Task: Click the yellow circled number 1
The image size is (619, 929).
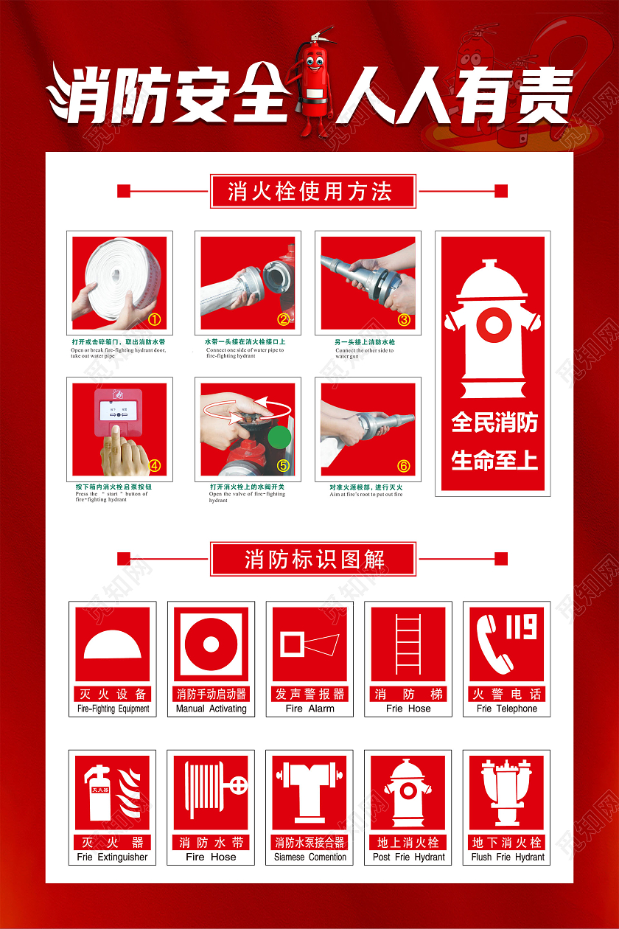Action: (154, 319)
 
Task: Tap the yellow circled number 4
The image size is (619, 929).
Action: (154, 465)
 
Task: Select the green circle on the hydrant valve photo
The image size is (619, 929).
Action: (280, 438)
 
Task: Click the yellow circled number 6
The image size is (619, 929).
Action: (403, 466)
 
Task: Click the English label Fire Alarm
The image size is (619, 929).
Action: (309, 709)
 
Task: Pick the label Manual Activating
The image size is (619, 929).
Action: (211, 709)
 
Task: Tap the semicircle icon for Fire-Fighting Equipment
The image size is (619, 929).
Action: (112, 643)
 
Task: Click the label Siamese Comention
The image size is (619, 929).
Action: (309, 857)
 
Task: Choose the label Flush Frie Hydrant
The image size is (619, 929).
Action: (507, 857)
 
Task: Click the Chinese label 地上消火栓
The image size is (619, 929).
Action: (408, 842)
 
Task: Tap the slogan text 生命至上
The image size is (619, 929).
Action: (494, 461)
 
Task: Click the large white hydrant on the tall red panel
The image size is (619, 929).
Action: (492, 328)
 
